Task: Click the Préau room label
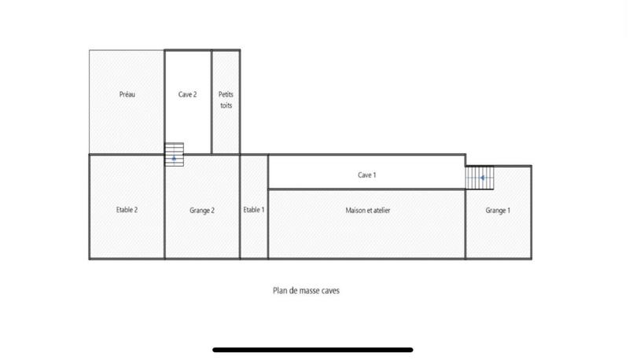pyautogui.click(x=127, y=94)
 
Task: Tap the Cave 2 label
pyautogui.click(x=188, y=94)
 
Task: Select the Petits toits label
pyautogui.click(x=226, y=99)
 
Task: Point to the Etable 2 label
pyautogui.click(x=127, y=210)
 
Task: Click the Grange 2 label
pyautogui.click(x=202, y=210)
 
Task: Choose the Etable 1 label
pyautogui.click(x=254, y=210)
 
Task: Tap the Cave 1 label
pyautogui.click(x=366, y=175)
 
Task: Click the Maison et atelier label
pyautogui.click(x=368, y=210)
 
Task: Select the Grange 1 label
pyautogui.click(x=498, y=210)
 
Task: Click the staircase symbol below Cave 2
pyautogui.click(x=174, y=154)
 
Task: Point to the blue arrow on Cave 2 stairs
pyautogui.click(x=174, y=158)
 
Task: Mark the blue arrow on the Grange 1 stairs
pyautogui.click(x=482, y=178)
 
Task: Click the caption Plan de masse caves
pyautogui.click(x=306, y=290)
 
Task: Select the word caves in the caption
pyautogui.click(x=330, y=290)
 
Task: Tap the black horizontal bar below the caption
pyautogui.click(x=313, y=350)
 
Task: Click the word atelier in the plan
pyautogui.click(x=381, y=210)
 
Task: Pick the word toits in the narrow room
pyautogui.click(x=226, y=105)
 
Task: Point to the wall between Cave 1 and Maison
pyautogui.click(x=366, y=189)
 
